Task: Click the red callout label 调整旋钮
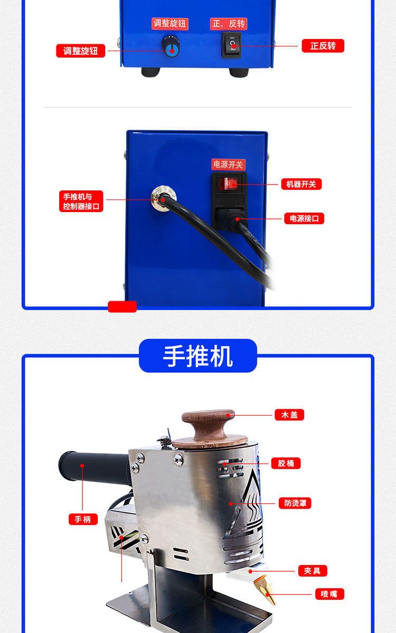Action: point(81,51)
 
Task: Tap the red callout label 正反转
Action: point(323,46)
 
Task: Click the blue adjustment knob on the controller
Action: point(171,46)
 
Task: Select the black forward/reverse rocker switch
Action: point(231,45)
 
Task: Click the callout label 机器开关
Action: point(301,184)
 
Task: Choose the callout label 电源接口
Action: point(304,218)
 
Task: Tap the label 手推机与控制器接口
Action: point(81,201)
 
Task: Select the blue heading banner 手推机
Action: point(198,356)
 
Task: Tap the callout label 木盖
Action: point(289,415)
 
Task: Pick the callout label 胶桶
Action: point(286,463)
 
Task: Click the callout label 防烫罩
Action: point(295,503)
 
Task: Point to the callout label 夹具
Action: point(313,571)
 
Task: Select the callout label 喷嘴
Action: point(329,594)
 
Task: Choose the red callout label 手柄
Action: point(83,519)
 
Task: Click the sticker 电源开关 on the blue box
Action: point(228,165)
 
